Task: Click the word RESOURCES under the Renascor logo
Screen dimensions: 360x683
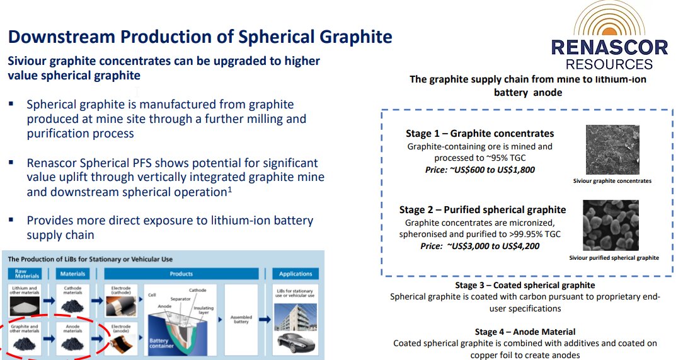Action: click(609, 64)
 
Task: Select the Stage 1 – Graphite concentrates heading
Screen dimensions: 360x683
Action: click(480, 134)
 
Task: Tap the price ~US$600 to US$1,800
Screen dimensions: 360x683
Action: click(479, 170)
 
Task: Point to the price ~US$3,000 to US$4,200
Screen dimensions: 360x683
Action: click(480, 246)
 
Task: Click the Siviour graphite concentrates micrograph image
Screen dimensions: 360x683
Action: click(612, 149)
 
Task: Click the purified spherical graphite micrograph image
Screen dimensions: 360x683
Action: click(611, 225)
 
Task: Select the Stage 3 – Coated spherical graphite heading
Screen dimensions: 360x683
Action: click(525, 285)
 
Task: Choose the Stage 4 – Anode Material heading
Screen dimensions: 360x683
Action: click(525, 332)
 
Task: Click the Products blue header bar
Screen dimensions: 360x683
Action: click(181, 274)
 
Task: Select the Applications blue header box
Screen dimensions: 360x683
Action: click(296, 274)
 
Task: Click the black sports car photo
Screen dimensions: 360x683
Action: click(296, 343)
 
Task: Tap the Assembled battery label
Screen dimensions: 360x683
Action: click(242, 320)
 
